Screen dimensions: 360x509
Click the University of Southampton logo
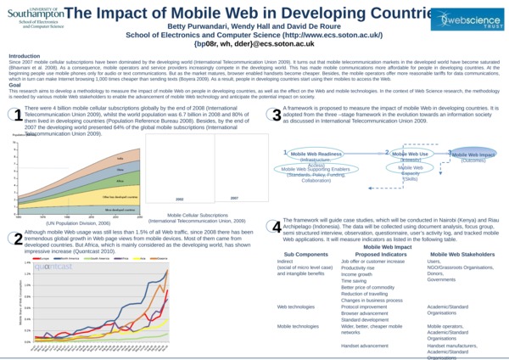[32, 17]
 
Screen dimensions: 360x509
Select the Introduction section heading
[25, 56]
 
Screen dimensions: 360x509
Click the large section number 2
[16, 239]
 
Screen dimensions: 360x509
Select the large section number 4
[276, 227]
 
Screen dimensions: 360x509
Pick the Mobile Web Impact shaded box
[473, 155]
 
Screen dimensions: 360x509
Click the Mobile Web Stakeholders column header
[461, 254]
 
